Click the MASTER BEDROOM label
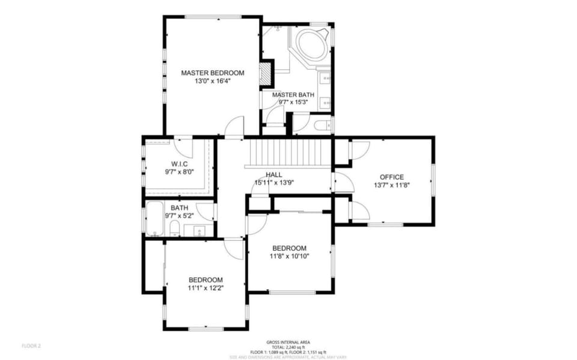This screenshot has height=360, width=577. point(212,73)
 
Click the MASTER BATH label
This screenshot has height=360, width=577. point(293,95)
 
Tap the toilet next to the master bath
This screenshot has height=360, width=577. point(321,126)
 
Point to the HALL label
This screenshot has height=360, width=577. point(273,174)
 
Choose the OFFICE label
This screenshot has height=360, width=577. point(391,177)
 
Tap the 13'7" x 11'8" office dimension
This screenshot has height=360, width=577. point(391,185)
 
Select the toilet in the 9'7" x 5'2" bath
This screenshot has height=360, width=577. point(174,228)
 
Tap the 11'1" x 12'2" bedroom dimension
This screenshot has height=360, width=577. point(206,288)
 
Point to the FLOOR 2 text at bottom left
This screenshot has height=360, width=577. point(31,346)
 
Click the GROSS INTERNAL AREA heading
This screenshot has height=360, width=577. point(288,342)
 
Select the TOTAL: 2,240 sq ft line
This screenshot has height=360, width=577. point(288,347)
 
